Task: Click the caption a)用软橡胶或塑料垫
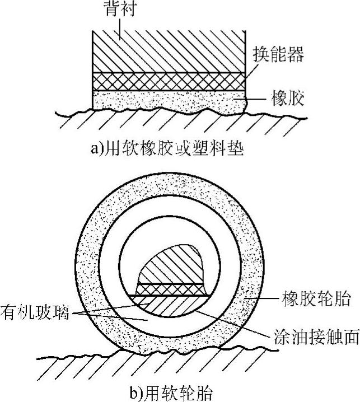pyautogui.click(x=167, y=149)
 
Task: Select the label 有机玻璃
pyautogui.click(x=34, y=311)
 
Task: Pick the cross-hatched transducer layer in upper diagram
pyautogui.click(x=168, y=82)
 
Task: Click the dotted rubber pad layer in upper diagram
pyautogui.click(x=168, y=101)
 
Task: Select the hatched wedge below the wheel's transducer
pyautogui.click(x=168, y=305)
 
